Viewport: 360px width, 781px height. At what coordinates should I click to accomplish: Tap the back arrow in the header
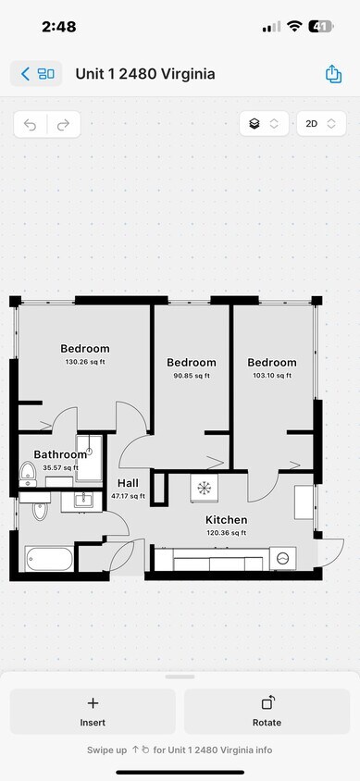point(25,74)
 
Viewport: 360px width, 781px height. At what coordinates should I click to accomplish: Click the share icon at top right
point(333,74)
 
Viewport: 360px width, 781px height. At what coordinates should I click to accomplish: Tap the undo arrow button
point(31,125)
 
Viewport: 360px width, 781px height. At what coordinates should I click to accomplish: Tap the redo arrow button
point(64,125)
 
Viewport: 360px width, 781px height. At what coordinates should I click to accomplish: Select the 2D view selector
point(320,124)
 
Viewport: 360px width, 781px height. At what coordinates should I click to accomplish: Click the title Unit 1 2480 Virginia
point(145,74)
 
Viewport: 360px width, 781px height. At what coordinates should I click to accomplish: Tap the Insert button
point(93,712)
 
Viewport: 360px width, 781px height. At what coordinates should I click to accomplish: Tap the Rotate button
point(267,712)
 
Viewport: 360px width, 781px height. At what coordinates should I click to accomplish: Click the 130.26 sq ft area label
point(85,362)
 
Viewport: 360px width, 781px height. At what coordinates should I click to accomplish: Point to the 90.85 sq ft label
point(192,376)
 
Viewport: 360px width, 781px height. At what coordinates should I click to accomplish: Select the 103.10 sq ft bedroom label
point(272,376)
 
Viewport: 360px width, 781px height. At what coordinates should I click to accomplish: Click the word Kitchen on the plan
point(226,520)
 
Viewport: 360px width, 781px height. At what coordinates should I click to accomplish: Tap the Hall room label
point(128,483)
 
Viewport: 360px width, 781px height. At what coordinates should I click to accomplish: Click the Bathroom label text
point(60,454)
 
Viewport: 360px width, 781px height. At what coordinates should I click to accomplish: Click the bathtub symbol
point(49,560)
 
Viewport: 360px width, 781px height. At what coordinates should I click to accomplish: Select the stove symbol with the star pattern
point(204,488)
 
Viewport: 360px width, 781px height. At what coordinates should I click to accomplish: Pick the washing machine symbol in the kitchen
point(283,558)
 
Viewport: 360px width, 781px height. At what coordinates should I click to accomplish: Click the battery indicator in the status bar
point(321,27)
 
